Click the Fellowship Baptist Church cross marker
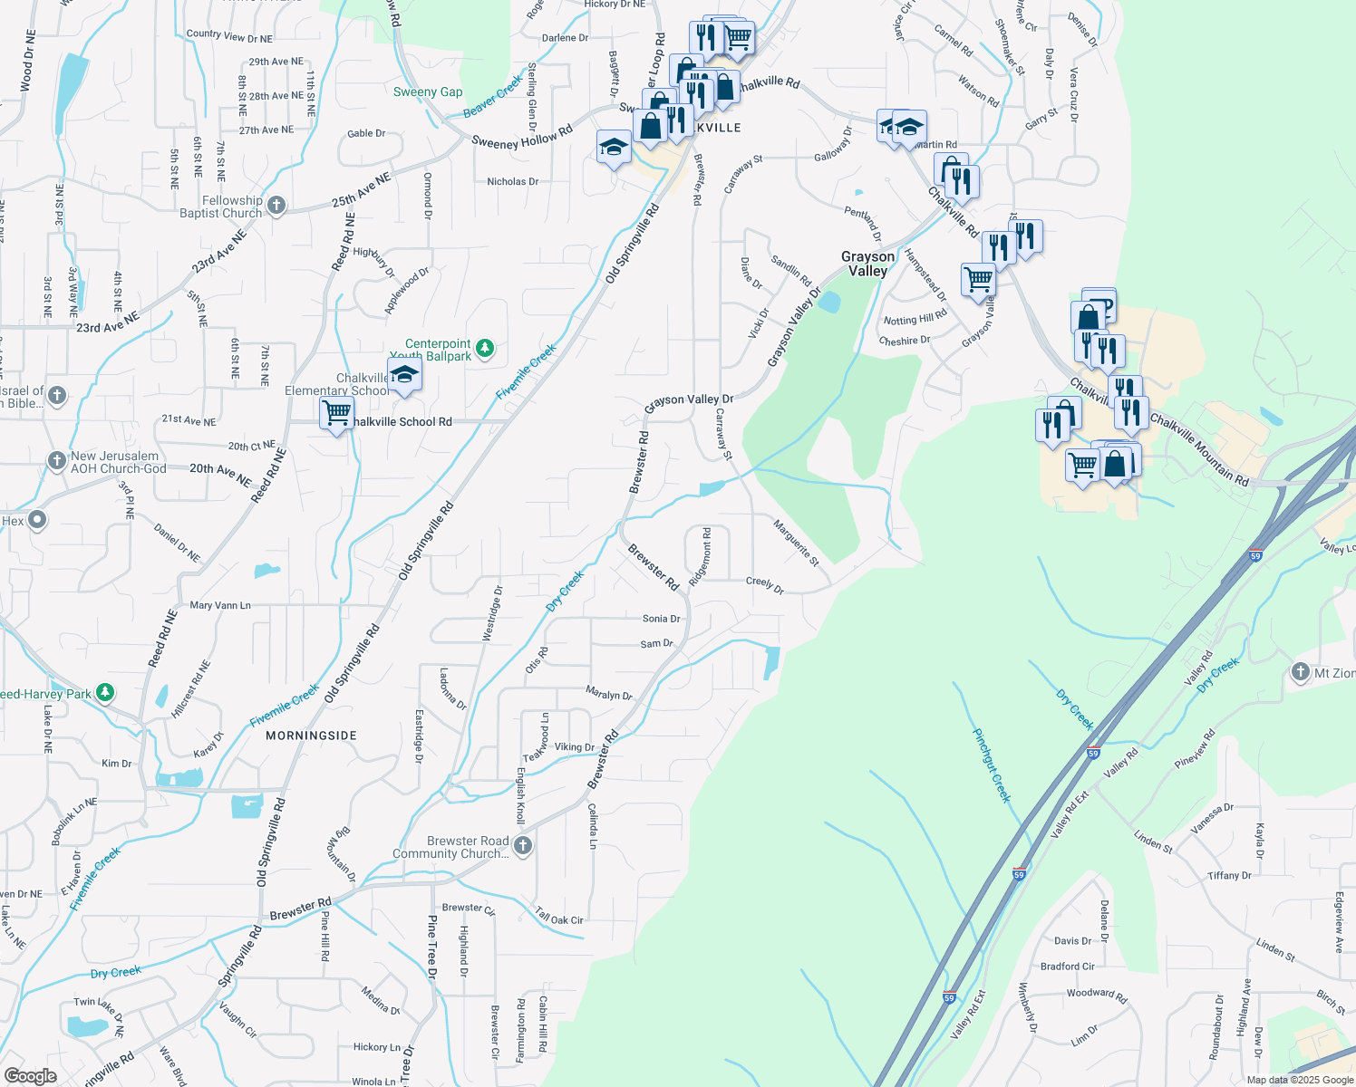[x=276, y=207]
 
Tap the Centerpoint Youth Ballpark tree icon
[x=485, y=348]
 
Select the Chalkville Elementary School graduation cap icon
[x=404, y=375]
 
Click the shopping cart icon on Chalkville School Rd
[x=336, y=413]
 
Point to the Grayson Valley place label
[x=867, y=264]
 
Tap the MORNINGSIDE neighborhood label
[x=311, y=736]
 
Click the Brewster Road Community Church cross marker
[x=522, y=846]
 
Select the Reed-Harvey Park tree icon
[x=105, y=694]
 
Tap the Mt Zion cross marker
[x=1301, y=672]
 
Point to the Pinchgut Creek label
[x=991, y=765]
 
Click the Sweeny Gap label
[x=428, y=91]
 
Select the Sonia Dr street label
[x=661, y=619]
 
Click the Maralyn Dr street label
[x=608, y=695]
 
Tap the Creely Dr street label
[x=764, y=584]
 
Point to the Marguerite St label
[x=796, y=543]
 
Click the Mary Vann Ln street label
[x=220, y=605]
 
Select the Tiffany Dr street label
[x=1229, y=876]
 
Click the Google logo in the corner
[x=30, y=1076]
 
